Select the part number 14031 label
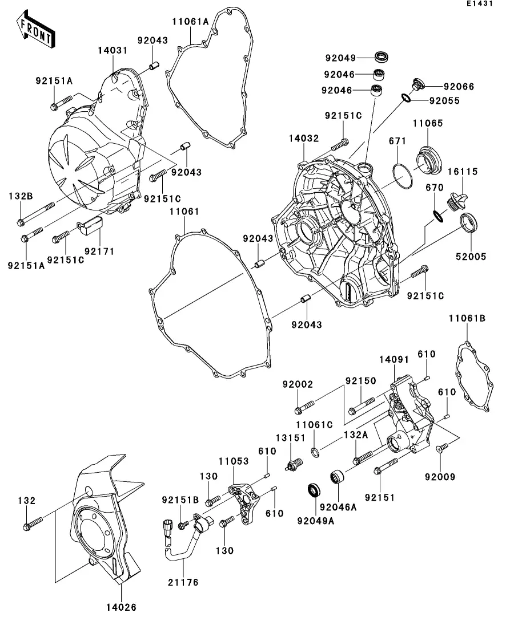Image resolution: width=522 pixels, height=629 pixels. pyautogui.click(x=112, y=51)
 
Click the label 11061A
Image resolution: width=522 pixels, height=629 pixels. pyautogui.click(x=191, y=22)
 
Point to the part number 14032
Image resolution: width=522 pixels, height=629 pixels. pyautogui.click(x=304, y=139)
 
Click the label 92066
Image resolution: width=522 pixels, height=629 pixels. pyautogui.click(x=459, y=87)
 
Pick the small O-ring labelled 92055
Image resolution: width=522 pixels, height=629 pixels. pyautogui.click(x=407, y=98)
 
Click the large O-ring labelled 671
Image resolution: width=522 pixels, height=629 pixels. pyautogui.click(x=404, y=175)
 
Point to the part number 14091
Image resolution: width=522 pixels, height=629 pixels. pyautogui.click(x=395, y=359)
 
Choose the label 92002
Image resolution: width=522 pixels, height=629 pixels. pyautogui.click(x=297, y=384)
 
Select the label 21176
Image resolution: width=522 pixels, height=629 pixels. pyautogui.click(x=184, y=582)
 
